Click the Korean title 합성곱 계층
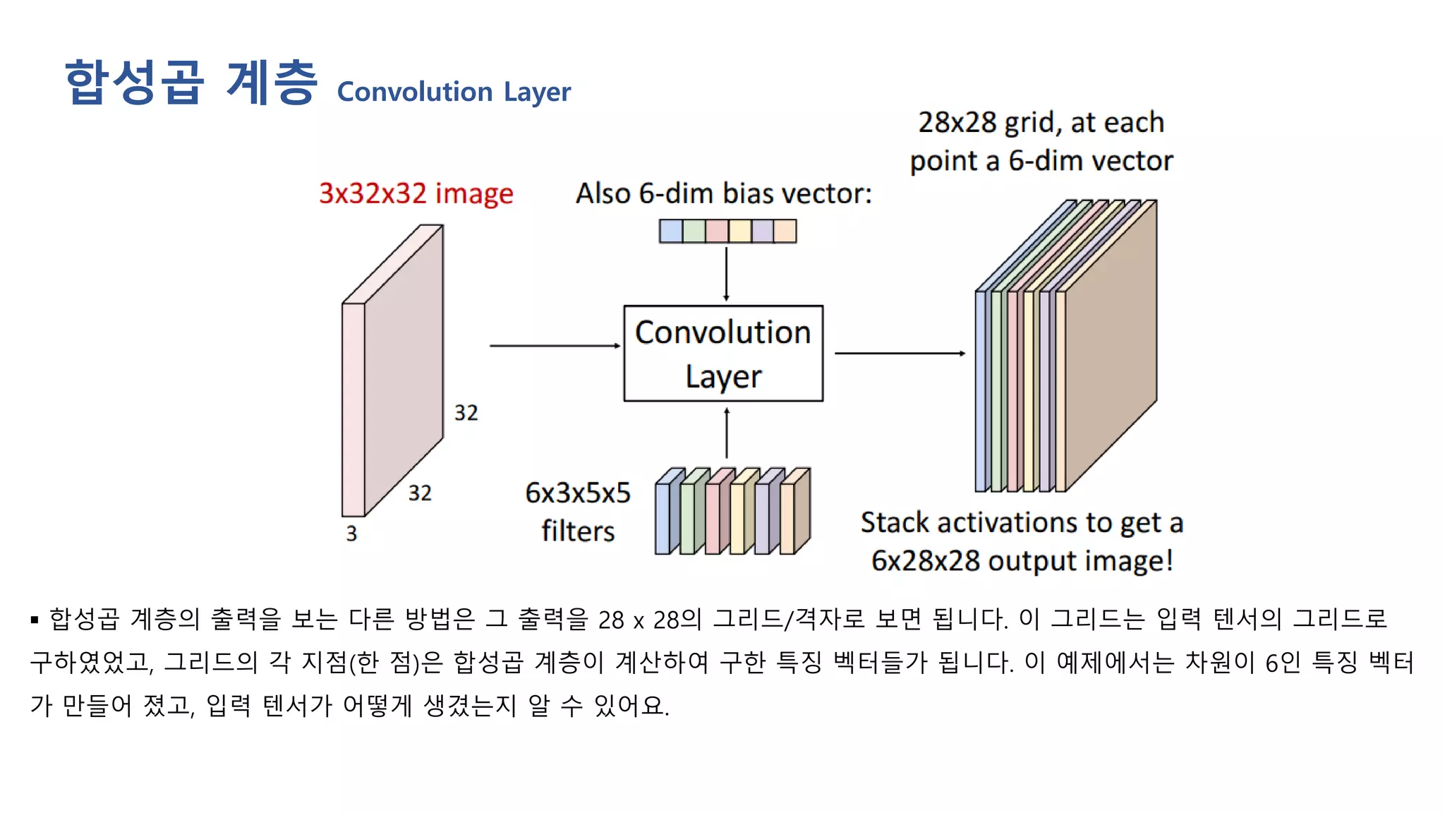191,83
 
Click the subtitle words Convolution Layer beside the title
454,92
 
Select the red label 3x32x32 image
416,193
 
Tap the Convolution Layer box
723,353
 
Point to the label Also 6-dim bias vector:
724,193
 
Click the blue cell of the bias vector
671,231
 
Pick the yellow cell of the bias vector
739,231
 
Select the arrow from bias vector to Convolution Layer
726,274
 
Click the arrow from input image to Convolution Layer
555,346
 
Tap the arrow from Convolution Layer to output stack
900,353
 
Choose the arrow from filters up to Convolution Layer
727,433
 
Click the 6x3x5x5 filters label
578,512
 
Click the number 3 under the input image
351,534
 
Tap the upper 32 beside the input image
466,413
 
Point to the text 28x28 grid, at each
1041,123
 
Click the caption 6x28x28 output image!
1022,561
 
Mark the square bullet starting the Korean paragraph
35,620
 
